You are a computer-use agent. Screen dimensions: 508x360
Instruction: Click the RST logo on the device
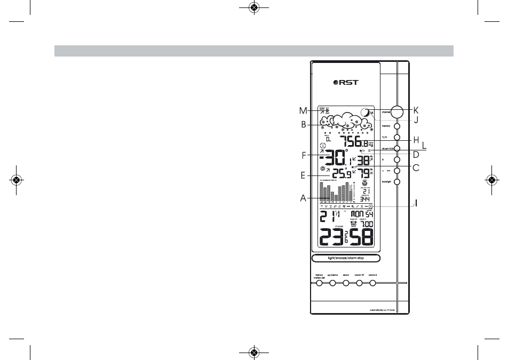tap(346, 82)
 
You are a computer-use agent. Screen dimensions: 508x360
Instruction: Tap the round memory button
tap(397, 126)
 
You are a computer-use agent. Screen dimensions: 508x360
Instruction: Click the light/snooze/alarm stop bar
tap(346, 258)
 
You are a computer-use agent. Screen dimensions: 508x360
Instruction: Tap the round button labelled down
tap(346, 283)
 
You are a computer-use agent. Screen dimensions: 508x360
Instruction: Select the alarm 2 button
tap(372, 283)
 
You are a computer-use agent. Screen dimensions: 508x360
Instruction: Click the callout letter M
tap(303, 111)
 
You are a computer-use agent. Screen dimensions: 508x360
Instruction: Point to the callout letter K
tap(416, 110)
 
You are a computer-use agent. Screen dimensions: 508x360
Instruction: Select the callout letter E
tap(302, 174)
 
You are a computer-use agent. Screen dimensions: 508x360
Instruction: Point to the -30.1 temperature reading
tap(335, 159)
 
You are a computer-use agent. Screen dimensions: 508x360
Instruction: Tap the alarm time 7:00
tap(367, 224)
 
